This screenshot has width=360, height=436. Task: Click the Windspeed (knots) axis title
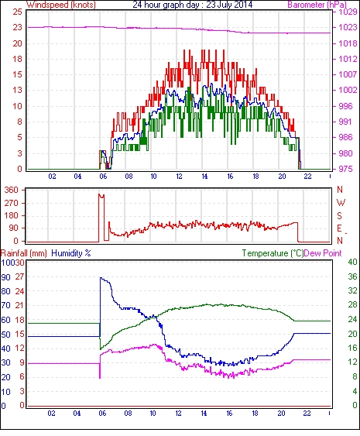61,5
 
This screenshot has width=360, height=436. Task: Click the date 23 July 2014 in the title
229,5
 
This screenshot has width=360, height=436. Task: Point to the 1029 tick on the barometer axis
348,12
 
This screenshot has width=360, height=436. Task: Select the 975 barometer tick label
345,169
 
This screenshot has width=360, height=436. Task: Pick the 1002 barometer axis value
348,90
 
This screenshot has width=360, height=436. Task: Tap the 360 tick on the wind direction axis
12,191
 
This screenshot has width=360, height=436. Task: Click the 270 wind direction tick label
12,203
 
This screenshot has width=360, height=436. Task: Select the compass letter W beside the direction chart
341,203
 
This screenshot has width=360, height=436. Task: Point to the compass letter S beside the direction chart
340,216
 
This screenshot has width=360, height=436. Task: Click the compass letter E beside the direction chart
339,228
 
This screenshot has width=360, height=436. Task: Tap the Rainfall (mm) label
24,253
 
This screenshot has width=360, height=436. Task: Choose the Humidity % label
71,253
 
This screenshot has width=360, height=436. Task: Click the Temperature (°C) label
273,253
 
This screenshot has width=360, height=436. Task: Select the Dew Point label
323,253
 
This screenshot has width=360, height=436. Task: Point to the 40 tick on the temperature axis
352,262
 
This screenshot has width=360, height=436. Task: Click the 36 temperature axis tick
352,276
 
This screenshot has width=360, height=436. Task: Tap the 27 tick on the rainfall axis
19,276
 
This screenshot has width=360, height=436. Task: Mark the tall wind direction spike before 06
101,218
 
